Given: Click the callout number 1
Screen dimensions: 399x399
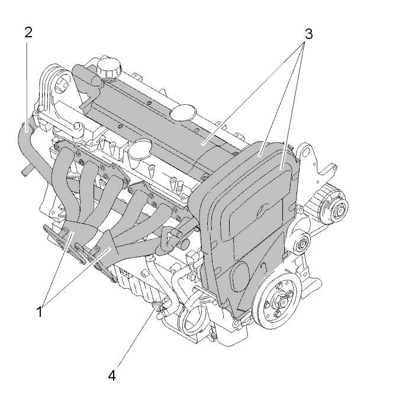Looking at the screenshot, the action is pyautogui.click(x=40, y=311).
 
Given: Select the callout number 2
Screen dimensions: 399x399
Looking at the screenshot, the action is pyautogui.click(x=28, y=33).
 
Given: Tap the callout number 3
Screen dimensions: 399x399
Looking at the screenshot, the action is pyautogui.click(x=308, y=34).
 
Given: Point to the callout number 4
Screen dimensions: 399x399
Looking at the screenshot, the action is pyautogui.click(x=112, y=375).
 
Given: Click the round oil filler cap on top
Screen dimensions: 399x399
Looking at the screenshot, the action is pyautogui.click(x=109, y=68).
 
